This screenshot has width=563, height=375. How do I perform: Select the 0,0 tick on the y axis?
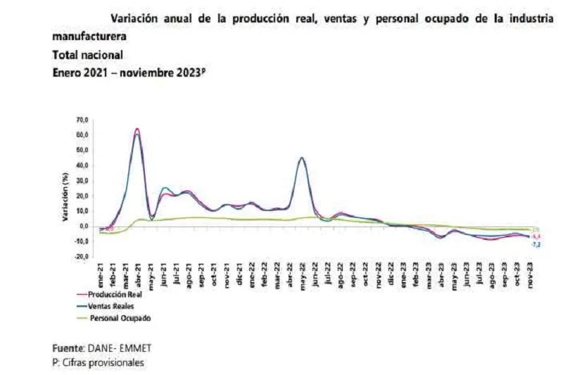pyautogui.click(x=84, y=227)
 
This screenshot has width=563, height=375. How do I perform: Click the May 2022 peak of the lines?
pyautogui.click(x=302, y=158)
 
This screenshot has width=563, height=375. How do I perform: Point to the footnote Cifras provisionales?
pyautogui.click(x=105, y=362)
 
